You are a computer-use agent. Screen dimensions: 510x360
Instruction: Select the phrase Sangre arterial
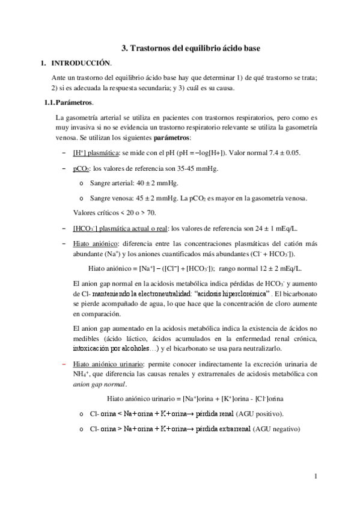(111, 183)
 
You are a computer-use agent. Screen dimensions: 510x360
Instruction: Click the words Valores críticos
(97, 212)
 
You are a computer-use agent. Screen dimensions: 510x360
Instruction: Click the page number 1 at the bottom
(316, 477)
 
